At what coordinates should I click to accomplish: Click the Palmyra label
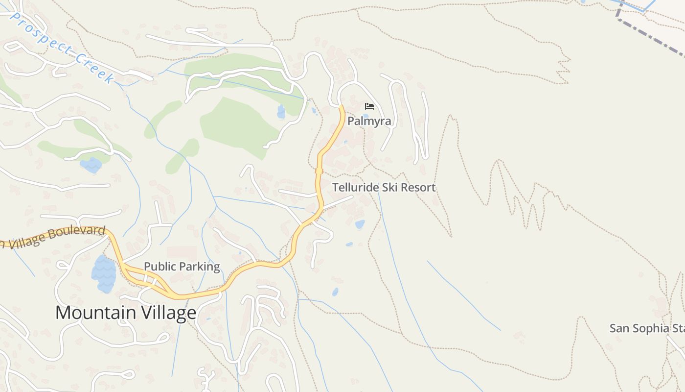pos(369,121)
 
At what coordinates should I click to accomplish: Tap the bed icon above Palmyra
pos(369,106)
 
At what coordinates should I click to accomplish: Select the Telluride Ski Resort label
pos(384,187)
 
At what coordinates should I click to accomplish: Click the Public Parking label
pos(182,267)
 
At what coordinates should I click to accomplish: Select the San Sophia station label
pos(646,328)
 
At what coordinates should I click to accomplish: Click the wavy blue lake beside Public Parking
pos(103,273)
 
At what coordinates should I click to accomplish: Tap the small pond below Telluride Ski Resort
pos(360,224)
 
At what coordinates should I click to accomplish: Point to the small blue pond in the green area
pos(281,112)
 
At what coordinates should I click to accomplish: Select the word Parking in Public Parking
pos(198,267)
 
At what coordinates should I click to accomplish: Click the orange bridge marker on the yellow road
pos(319,171)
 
